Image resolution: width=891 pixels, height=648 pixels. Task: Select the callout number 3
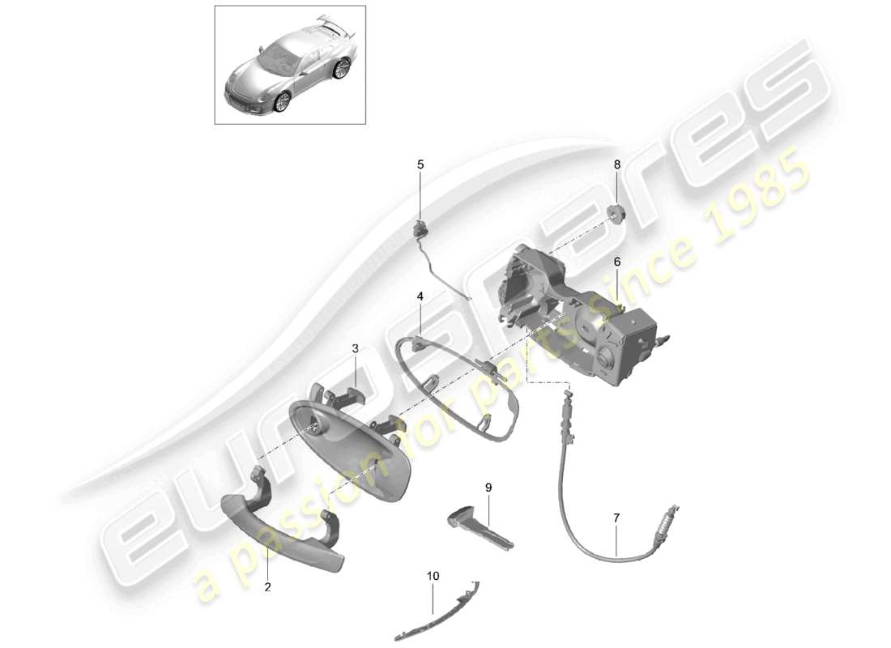(355, 348)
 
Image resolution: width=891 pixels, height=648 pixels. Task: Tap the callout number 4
(420, 297)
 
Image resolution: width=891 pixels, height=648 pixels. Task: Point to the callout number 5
(420, 164)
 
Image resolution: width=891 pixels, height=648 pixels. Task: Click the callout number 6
(616, 262)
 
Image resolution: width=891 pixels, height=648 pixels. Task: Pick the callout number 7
(616, 517)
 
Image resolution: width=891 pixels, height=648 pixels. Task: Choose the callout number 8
(616, 164)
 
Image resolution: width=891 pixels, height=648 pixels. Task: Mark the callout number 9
(488, 487)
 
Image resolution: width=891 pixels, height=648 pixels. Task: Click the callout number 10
(433, 576)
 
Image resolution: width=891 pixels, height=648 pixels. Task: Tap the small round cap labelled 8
(616, 212)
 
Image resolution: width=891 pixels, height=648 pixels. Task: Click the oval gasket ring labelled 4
(454, 389)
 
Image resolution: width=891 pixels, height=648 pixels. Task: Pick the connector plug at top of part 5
(421, 227)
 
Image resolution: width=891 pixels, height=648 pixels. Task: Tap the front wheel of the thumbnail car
(282, 102)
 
